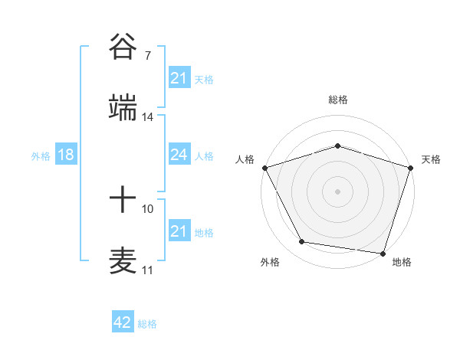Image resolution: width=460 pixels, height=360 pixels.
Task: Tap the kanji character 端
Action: point(123,109)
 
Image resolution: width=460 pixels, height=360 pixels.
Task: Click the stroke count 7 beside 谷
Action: point(147,56)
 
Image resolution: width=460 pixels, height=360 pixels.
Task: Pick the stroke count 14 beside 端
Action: point(147,117)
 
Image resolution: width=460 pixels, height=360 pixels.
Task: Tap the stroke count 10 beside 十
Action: point(147,208)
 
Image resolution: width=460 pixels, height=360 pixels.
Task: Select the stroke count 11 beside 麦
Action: point(147,270)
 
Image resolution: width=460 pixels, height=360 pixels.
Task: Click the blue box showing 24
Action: point(179,155)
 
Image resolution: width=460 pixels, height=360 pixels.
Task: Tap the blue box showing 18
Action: point(65,155)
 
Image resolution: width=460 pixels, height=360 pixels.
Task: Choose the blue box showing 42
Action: point(122,322)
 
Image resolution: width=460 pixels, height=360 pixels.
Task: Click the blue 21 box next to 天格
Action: point(179,78)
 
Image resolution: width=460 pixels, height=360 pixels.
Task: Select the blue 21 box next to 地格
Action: point(179,231)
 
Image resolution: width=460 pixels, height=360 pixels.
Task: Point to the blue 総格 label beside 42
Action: point(147,324)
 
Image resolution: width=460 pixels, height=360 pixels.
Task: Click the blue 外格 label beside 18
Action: point(41,155)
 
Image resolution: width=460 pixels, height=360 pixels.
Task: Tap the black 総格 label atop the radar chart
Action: point(337,100)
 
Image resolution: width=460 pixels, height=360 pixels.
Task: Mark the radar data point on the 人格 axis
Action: point(264,167)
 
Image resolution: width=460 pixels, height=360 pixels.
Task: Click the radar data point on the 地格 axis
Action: point(382,252)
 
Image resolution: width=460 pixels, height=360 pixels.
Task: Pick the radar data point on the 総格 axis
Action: point(337,146)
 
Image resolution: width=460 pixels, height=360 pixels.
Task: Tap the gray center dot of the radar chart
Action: point(337,191)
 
